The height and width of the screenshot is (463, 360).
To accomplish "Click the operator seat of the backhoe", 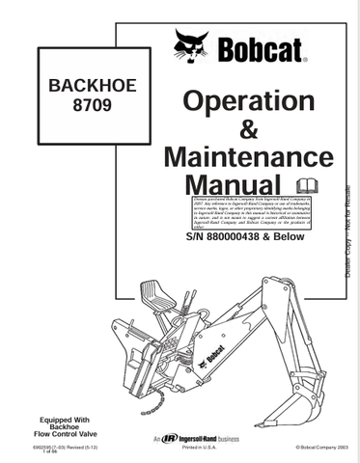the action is (152, 290).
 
